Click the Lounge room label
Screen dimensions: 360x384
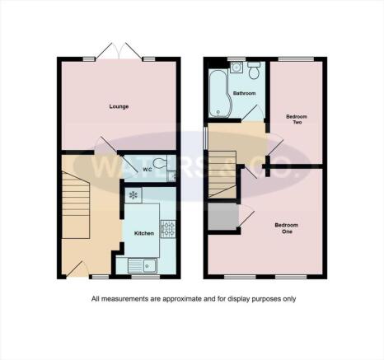pos(117,106)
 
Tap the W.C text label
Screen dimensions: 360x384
pos(146,171)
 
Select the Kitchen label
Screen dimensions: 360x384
pos(144,233)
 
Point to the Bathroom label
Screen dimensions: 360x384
pos(244,94)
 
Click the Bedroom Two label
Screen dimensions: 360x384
pos(297,120)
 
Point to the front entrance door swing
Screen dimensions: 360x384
pos(76,267)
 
